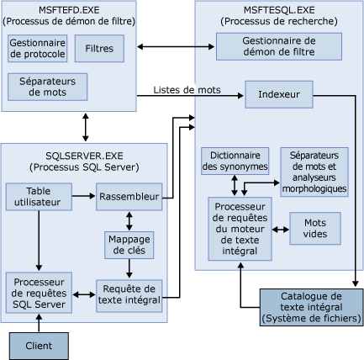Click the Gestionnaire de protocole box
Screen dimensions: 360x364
(x=37, y=48)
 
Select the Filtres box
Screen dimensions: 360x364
(x=99, y=49)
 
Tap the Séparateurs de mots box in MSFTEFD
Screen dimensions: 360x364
(x=48, y=87)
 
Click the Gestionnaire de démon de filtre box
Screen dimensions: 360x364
(x=279, y=45)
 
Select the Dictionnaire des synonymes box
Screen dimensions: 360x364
(x=235, y=161)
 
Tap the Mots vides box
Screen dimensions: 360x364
(x=315, y=227)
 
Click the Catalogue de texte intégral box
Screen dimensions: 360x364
(x=310, y=307)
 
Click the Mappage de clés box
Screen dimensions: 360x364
(x=128, y=244)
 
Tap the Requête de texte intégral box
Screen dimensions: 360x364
(x=128, y=293)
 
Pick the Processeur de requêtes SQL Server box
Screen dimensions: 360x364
(x=38, y=292)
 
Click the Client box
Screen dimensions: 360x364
(x=38, y=344)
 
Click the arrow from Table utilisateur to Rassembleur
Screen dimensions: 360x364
(x=82, y=197)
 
